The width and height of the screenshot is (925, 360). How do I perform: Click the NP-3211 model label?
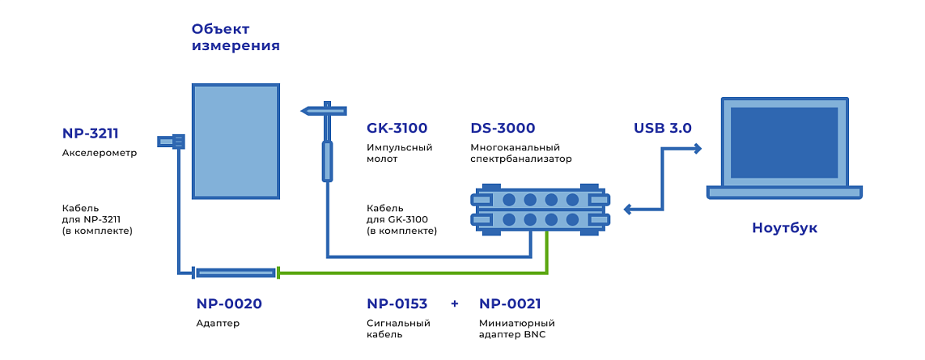pos(95,134)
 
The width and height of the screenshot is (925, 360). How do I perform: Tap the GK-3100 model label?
pos(397,128)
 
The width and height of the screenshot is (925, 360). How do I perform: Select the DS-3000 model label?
pos(503,128)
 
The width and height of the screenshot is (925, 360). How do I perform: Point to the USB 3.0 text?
pos(662,128)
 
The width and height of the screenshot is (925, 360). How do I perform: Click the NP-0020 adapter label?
pos(228,304)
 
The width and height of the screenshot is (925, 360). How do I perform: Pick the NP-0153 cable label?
pos(397,304)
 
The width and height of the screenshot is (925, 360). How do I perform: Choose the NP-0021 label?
pos(510,304)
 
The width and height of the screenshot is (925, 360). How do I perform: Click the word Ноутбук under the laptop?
pos(784,228)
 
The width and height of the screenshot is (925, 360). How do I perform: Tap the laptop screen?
pos(784,142)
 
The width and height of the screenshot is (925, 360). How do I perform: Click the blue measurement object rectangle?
pos(235,141)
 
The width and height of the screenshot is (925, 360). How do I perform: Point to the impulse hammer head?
pos(324,110)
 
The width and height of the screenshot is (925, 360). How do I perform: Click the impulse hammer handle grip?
pos(327,161)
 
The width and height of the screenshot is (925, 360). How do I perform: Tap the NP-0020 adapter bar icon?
pos(235,273)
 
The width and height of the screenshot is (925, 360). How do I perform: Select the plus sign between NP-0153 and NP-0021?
pos(454,304)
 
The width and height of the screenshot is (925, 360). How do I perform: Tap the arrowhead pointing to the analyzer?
pos(629,210)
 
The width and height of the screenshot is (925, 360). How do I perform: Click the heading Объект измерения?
pos(235,37)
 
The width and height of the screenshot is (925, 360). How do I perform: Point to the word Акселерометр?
pos(100,153)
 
